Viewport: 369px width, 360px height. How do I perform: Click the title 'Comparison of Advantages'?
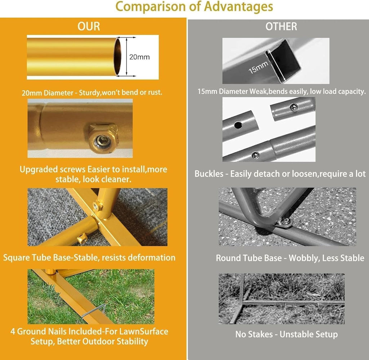tap(194, 6)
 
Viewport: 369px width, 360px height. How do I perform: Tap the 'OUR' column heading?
tap(89, 26)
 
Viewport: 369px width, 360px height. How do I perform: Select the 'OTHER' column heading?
tap(281, 26)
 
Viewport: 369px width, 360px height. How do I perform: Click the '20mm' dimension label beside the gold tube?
tap(139, 57)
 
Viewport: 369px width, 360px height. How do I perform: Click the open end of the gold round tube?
tap(118, 57)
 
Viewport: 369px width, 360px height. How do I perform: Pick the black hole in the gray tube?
tap(238, 125)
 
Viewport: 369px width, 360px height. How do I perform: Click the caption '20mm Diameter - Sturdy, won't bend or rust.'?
tap(92, 93)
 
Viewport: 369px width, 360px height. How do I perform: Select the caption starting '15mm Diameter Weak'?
tap(281, 91)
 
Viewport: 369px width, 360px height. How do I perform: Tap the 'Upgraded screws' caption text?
tap(93, 174)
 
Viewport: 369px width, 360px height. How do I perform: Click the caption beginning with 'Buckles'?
tap(280, 174)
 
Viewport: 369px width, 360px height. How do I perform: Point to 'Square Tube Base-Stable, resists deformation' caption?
tap(89, 257)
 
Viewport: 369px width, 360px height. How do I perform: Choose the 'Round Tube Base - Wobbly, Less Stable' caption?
tap(290, 258)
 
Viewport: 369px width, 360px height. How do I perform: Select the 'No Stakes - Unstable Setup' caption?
tap(286, 334)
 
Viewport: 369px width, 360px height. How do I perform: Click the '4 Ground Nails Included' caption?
tap(89, 336)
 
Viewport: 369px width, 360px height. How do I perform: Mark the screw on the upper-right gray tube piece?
tap(293, 107)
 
